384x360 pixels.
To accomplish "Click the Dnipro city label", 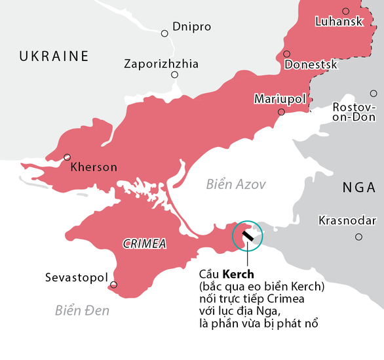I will pos(192,27).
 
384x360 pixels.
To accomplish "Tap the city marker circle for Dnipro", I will pos(164,33).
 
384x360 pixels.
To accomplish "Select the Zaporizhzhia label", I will pos(161,64).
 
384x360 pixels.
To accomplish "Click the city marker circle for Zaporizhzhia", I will pos(174,75).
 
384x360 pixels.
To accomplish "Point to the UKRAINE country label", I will pos(54,56).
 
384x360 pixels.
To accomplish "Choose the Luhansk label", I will pos(339,22).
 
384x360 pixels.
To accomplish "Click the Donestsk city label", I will pos(311,64).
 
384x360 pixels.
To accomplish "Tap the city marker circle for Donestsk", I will pos(287,54).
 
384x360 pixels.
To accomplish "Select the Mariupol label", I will pos(280,99).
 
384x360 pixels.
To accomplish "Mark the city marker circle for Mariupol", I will pos(281,112).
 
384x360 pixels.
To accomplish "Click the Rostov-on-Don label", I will pos(355,112).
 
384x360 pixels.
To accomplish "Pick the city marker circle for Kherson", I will pos(67,157).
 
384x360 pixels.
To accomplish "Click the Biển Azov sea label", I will pos(236,184).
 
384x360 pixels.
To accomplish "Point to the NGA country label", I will pos(359,188).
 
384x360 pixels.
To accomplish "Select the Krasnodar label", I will pos(347,220).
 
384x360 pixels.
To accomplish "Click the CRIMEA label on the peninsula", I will pos(145,244).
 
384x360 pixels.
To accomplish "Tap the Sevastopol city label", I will pos(76,278).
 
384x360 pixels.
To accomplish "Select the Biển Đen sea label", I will pos(83,310).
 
